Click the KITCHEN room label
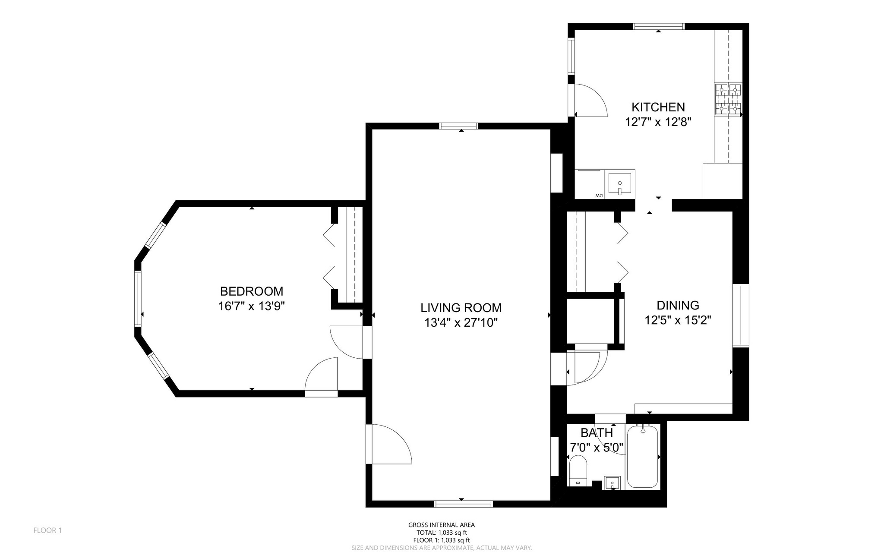click(x=658, y=107)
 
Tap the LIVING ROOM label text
click(x=461, y=308)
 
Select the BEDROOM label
click(x=252, y=291)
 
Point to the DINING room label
click(x=678, y=305)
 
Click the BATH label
click(x=597, y=432)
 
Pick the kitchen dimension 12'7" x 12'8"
click(x=658, y=122)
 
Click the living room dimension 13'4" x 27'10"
click(x=461, y=323)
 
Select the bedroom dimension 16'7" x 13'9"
click(x=252, y=306)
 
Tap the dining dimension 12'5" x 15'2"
click(x=678, y=320)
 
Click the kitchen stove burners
click(x=728, y=99)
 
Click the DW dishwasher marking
click(x=599, y=196)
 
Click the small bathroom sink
click(x=612, y=483)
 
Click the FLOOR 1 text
click(x=47, y=530)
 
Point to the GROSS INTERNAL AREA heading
click(x=442, y=525)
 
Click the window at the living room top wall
click(x=458, y=126)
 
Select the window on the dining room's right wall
click(x=741, y=315)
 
